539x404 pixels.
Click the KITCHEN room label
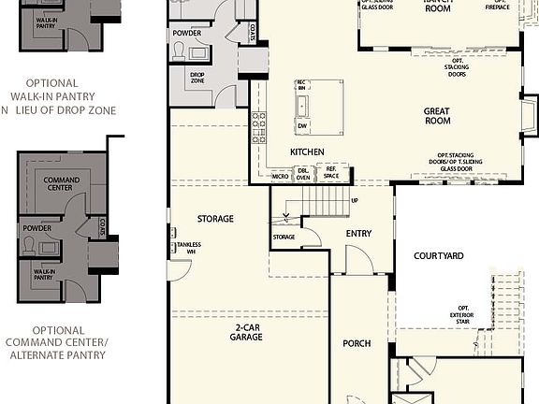tap(307, 151)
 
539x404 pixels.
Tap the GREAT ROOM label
tap(436, 116)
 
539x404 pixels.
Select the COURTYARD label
tap(438, 254)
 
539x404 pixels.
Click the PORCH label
tap(357, 343)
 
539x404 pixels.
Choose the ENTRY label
tap(358, 234)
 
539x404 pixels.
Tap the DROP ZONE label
tap(197, 78)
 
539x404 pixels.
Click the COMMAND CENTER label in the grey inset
tap(62, 184)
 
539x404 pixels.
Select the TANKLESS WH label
tap(185, 247)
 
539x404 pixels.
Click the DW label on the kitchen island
tap(302, 125)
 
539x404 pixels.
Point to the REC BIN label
tap(301, 86)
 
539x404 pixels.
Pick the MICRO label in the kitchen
tap(281, 176)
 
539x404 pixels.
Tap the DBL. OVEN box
tap(302, 174)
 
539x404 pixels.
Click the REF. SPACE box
tap(331, 174)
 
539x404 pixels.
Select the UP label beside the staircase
tap(354, 200)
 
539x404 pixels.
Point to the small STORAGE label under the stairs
tap(284, 237)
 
